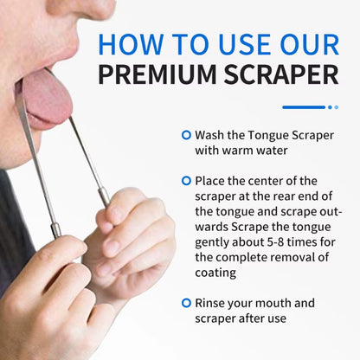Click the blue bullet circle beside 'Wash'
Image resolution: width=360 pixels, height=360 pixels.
coord(186,136)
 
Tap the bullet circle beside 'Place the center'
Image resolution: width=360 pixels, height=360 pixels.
coord(186,181)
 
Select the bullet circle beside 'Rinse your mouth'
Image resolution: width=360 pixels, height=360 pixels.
coord(186,304)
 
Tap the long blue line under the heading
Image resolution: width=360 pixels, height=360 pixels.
coord(303,107)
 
